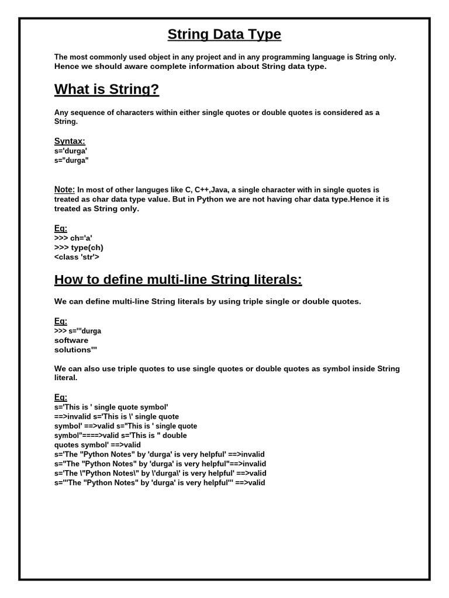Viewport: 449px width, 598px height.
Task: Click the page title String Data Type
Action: point(224,34)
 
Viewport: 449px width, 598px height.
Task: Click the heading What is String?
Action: point(106,89)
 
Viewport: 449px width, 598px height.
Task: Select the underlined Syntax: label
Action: point(70,141)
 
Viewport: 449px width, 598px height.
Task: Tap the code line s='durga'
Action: point(71,151)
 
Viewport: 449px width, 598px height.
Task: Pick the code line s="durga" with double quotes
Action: point(71,160)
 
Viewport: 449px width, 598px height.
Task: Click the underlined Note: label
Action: point(64,190)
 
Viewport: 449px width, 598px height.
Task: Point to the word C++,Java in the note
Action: point(211,190)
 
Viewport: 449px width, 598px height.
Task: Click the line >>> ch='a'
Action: point(73,238)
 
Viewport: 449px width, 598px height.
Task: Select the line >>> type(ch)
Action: point(78,247)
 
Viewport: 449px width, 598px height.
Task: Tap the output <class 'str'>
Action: point(77,256)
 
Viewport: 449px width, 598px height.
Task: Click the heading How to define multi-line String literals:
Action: point(178,280)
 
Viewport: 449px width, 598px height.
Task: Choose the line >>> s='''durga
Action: point(78,331)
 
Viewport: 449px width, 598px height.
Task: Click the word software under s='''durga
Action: point(71,340)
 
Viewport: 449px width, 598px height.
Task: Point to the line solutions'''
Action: point(75,350)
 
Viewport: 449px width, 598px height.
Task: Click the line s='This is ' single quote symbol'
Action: point(111,406)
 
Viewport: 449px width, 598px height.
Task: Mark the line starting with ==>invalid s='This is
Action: point(116,416)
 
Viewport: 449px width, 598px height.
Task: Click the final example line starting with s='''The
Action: point(160,483)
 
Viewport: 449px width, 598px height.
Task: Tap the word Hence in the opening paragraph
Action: point(66,67)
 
